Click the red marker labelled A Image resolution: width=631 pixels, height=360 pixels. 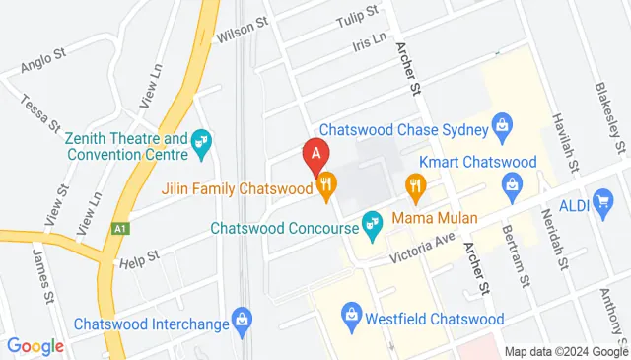click(x=315, y=155)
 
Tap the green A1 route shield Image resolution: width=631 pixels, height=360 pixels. click(x=119, y=229)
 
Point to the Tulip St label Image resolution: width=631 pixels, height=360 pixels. click(x=358, y=16)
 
